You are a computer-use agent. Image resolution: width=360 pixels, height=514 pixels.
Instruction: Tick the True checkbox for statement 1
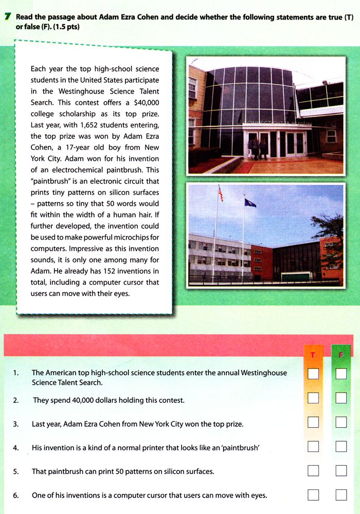point(313,374)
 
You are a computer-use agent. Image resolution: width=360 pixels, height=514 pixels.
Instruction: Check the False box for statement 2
point(341,398)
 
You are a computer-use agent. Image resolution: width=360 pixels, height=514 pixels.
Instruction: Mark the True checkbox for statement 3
point(313,423)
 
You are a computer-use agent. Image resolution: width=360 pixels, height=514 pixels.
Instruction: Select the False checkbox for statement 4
point(341,446)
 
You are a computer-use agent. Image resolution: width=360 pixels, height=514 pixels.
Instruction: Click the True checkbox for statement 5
point(313,470)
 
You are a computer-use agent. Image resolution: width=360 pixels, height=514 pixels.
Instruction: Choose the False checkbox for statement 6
point(341,495)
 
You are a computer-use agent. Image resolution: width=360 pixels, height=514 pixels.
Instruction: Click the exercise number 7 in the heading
point(6,17)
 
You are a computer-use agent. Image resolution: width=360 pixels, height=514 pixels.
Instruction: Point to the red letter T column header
point(313,355)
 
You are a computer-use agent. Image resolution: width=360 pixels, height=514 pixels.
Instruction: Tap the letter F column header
point(340,355)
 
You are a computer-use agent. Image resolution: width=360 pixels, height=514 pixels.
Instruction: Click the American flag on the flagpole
point(221,194)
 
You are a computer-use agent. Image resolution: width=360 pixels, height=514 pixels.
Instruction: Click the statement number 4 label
point(16,448)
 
